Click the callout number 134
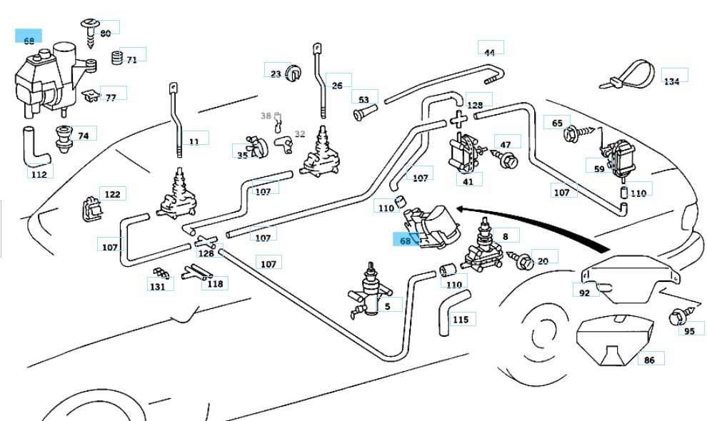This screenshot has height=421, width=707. (672, 81)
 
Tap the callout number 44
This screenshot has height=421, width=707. (489, 53)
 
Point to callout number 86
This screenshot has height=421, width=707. (649, 360)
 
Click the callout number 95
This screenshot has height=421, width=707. (689, 331)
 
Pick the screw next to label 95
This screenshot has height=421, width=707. (675, 315)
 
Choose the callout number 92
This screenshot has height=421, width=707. (584, 292)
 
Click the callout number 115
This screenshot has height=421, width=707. (461, 319)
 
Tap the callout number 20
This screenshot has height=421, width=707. (543, 261)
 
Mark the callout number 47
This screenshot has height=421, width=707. (506, 145)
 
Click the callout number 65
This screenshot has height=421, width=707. (557, 123)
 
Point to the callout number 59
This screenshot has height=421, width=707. (598, 169)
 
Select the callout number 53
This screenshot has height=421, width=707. (363, 100)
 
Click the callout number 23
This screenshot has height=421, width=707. (276, 73)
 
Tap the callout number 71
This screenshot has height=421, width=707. (131, 60)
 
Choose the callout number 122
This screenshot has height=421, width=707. (112, 194)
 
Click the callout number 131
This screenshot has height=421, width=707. (157, 286)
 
